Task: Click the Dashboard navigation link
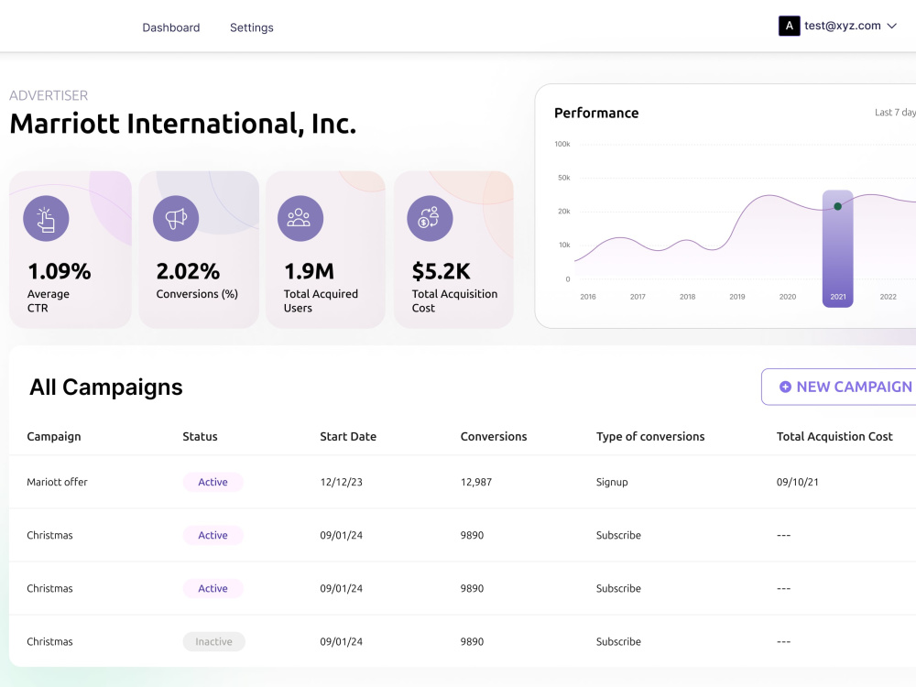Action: tap(171, 27)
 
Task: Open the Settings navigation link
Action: tap(251, 27)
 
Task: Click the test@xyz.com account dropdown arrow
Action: tap(891, 26)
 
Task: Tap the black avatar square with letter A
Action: tap(790, 26)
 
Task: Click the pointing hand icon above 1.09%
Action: tap(46, 219)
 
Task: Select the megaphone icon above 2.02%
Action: tap(176, 219)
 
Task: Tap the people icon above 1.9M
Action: tap(300, 219)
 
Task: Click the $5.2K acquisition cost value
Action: tap(442, 271)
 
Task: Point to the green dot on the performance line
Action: tap(838, 206)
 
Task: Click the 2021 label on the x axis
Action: tap(838, 297)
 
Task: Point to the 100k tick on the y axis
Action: tap(562, 144)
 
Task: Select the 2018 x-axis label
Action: tap(688, 297)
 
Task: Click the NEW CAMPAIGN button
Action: tap(839, 387)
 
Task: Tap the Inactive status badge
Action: tap(213, 641)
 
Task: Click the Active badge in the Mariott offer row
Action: tap(213, 482)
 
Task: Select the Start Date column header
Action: tap(348, 436)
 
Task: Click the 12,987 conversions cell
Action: tap(476, 482)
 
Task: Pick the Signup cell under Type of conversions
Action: tap(612, 482)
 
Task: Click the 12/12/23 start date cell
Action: tap(341, 482)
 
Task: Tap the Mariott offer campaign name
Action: tap(57, 482)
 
